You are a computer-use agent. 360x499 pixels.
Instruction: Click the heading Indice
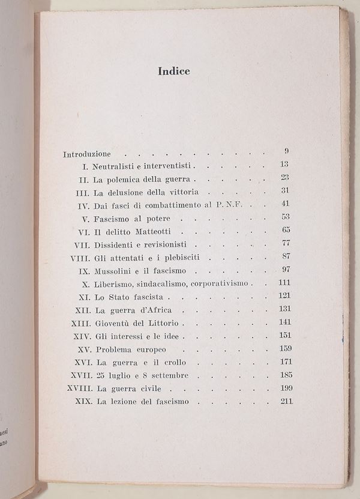click(x=174, y=71)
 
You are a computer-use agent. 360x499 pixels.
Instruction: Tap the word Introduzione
click(x=87, y=154)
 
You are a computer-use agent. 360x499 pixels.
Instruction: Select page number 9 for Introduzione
click(x=286, y=151)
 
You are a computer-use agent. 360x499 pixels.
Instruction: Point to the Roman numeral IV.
click(x=84, y=205)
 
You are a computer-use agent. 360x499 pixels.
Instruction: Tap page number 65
click(x=285, y=229)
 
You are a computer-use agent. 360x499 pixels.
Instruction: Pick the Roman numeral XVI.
click(x=80, y=363)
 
